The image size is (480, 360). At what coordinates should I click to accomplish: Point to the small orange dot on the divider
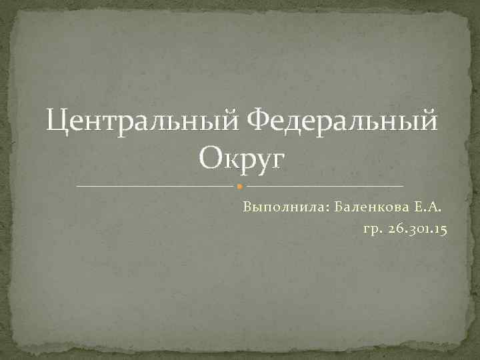(240, 185)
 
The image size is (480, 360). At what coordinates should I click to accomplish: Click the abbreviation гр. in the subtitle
(372, 229)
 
